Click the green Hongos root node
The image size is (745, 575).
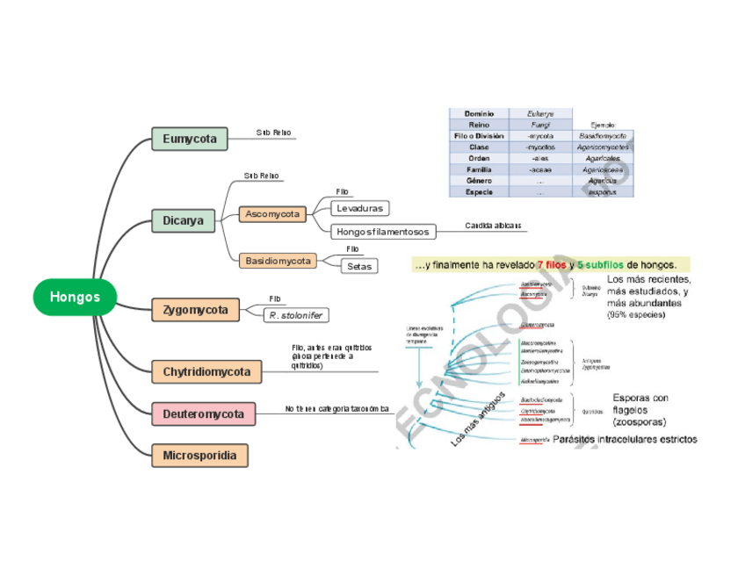[x=75, y=297]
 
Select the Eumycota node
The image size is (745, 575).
[x=190, y=139]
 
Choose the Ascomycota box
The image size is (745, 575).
[x=272, y=213]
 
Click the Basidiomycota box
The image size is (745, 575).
[x=278, y=261]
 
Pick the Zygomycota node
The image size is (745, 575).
[x=195, y=309]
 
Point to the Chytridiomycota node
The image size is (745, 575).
[x=206, y=371]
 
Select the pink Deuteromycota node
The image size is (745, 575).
[x=203, y=413]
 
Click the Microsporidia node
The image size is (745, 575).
[x=199, y=455]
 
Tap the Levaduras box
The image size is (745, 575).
[x=360, y=208]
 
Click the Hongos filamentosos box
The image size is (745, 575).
[x=383, y=232]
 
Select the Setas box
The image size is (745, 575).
[x=358, y=265]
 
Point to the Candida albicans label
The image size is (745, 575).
[x=493, y=226]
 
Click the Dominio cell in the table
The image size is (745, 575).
[x=479, y=113]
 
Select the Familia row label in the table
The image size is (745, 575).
[x=479, y=169]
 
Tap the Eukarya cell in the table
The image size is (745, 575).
[x=540, y=113]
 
